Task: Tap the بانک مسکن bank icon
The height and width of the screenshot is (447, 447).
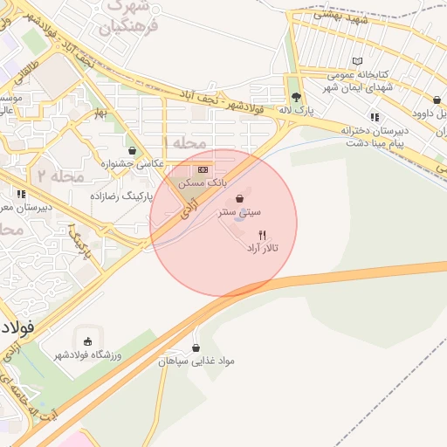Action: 203,169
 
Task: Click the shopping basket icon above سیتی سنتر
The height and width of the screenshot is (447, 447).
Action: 239,199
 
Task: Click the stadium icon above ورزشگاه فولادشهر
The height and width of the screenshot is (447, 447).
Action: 87,340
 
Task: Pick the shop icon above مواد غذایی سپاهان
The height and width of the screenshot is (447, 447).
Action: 195,347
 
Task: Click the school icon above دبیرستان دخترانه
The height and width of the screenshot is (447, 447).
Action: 374,117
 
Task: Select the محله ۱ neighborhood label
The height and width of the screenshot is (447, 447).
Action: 185,142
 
